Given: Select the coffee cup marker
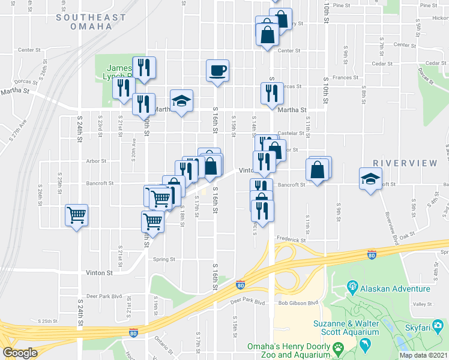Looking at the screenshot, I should [217, 71].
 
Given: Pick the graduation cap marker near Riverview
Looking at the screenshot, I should [370, 179].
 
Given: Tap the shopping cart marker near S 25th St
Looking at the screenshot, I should [77, 215].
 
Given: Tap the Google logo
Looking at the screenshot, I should [20, 353].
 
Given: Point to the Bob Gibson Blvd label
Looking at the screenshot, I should [297, 304].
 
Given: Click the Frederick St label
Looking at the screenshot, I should [291, 239].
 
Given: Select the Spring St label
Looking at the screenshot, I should [163, 260].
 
